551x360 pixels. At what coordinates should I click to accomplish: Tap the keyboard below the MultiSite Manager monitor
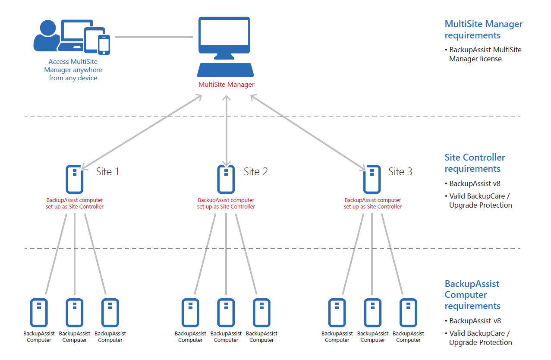[225, 70]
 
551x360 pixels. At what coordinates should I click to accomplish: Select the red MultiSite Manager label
[226, 85]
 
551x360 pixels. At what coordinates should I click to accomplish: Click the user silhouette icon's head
[48, 28]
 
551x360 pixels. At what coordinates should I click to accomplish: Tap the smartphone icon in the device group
[104, 45]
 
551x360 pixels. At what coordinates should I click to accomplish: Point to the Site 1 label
[108, 171]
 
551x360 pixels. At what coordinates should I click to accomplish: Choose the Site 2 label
[255, 171]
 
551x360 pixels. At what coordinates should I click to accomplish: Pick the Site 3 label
[400, 171]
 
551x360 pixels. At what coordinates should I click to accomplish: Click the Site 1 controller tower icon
[75, 179]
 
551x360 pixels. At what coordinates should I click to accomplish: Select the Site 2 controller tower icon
[226, 179]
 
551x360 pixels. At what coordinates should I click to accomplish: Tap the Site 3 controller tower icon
[372, 179]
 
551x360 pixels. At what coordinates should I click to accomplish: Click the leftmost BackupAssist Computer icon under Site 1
[39, 313]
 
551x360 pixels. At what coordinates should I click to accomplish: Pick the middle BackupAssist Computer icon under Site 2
[226, 313]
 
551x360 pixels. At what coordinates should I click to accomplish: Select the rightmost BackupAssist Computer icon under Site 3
[408, 313]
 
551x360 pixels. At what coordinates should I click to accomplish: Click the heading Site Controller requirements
[475, 163]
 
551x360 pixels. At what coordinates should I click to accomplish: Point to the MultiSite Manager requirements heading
[484, 29]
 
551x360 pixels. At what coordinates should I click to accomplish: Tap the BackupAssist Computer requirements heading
[472, 295]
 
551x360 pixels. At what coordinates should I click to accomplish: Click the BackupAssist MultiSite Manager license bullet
[483, 54]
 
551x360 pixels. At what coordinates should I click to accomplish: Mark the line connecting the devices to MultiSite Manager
[154, 37]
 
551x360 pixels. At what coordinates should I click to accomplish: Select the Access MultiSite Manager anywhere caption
[73, 69]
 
